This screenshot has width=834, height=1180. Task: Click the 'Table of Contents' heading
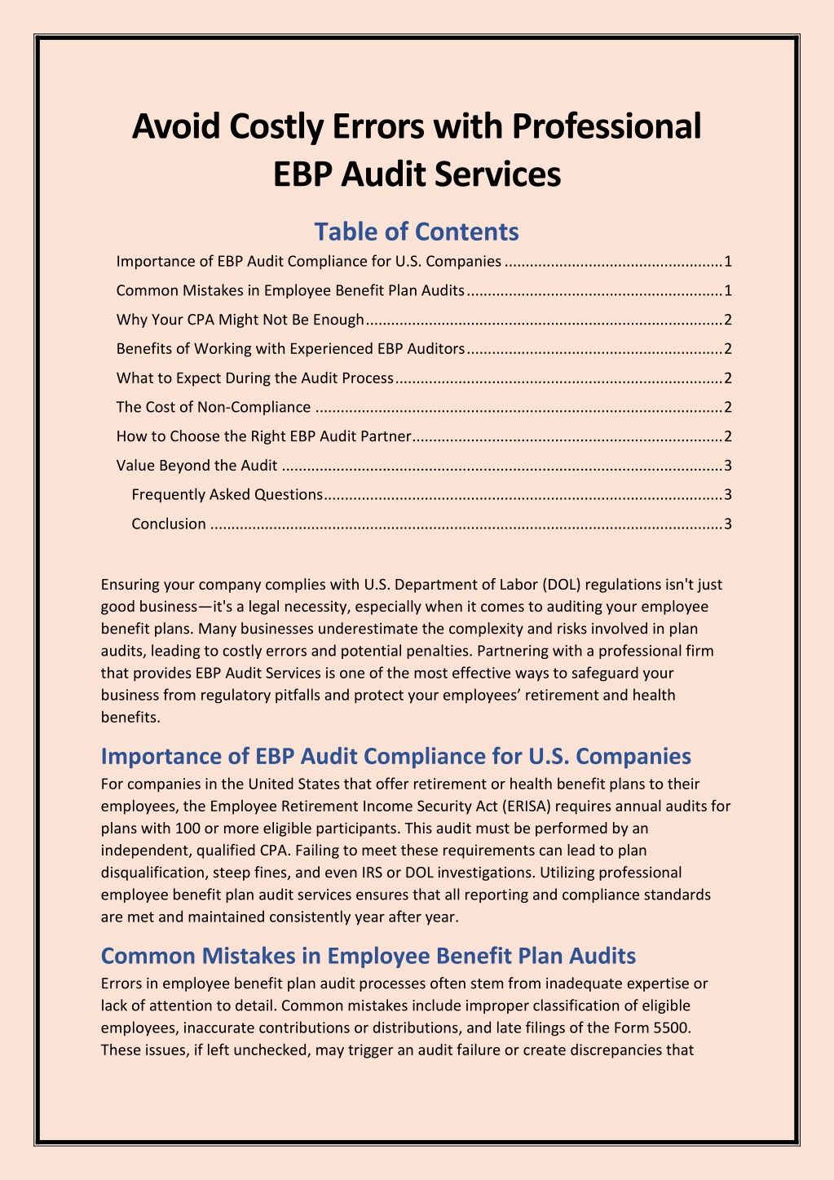(x=417, y=232)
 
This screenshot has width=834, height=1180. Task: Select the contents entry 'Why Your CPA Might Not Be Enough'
(x=240, y=320)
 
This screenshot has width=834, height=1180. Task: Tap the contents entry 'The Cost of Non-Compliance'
(x=214, y=407)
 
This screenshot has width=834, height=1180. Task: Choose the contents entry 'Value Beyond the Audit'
(x=196, y=466)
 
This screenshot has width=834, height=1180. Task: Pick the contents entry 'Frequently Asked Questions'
(x=227, y=494)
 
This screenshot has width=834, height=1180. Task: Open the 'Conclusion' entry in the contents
(x=169, y=524)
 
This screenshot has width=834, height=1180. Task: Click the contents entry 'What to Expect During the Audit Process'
(x=254, y=378)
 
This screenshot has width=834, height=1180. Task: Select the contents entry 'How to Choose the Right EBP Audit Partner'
(x=263, y=436)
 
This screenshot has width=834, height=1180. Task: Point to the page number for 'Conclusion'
(x=728, y=524)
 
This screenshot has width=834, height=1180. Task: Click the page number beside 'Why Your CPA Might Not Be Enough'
(x=728, y=320)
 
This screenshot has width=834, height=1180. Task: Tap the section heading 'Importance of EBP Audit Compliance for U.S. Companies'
(x=395, y=756)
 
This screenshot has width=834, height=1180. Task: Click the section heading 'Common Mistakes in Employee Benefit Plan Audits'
(x=368, y=955)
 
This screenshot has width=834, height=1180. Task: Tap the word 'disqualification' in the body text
(x=155, y=872)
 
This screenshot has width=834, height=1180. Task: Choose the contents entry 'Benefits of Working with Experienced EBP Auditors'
(x=290, y=349)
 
